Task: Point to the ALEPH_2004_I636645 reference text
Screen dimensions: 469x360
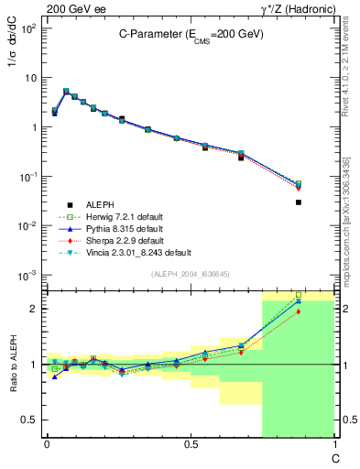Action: tap(190, 274)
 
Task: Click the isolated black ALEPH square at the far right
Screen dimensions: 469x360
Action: tap(299, 202)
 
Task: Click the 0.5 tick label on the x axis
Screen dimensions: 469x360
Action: tap(190, 444)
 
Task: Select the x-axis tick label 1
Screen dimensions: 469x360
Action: tap(333, 444)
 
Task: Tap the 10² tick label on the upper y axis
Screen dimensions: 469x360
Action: tap(28, 28)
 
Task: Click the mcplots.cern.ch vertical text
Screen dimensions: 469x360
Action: tap(346, 229)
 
